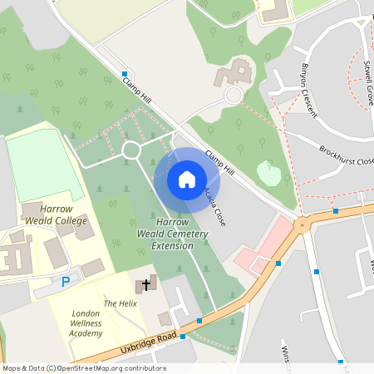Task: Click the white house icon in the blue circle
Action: (186, 179)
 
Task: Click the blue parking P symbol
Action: (66, 282)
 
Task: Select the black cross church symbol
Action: (146, 285)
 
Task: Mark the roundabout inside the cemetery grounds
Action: (130, 150)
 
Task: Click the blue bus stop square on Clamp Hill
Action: (125, 74)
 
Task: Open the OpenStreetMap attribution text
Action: (83, 368)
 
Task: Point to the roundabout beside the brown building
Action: (234, 96)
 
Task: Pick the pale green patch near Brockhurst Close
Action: (268, 173)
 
